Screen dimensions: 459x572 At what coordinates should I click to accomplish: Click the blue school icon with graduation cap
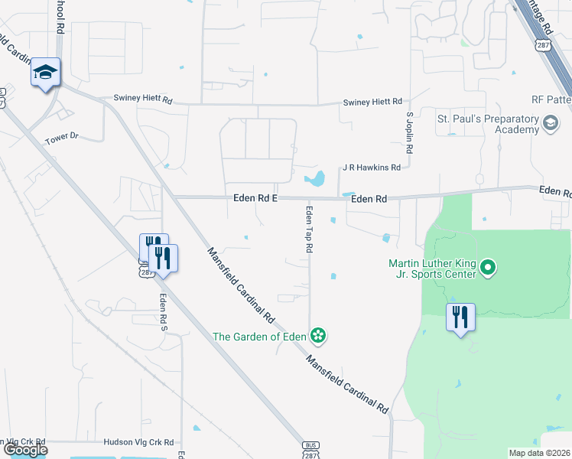point(45,73)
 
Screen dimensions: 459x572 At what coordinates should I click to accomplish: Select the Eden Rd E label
point(255,199)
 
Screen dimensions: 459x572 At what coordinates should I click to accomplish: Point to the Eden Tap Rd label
point(310,229)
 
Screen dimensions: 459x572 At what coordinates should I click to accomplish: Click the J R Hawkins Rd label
point(372,167)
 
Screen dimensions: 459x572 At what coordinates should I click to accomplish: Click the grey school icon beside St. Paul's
point(550,123)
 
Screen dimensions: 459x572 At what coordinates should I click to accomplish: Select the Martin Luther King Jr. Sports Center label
point(433,269)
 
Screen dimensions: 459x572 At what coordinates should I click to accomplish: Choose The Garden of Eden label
point(259,336)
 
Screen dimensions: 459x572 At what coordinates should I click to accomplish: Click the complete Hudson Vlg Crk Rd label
point(139,442)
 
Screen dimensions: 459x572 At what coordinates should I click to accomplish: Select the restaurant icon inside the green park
point(460,317)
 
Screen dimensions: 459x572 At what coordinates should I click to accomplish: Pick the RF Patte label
point(551,100)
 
